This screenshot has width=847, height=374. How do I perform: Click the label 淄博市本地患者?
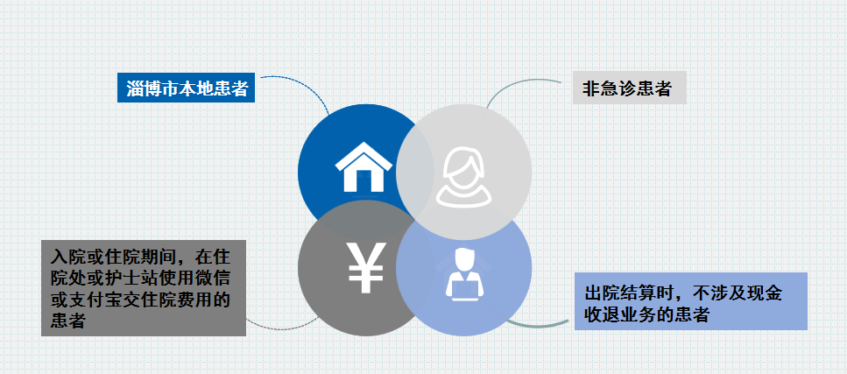click(x=186, y=88)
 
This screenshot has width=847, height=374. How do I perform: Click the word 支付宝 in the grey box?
click(x=96, y=300)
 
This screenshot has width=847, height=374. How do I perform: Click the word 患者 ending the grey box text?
click(x=69, y=321)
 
